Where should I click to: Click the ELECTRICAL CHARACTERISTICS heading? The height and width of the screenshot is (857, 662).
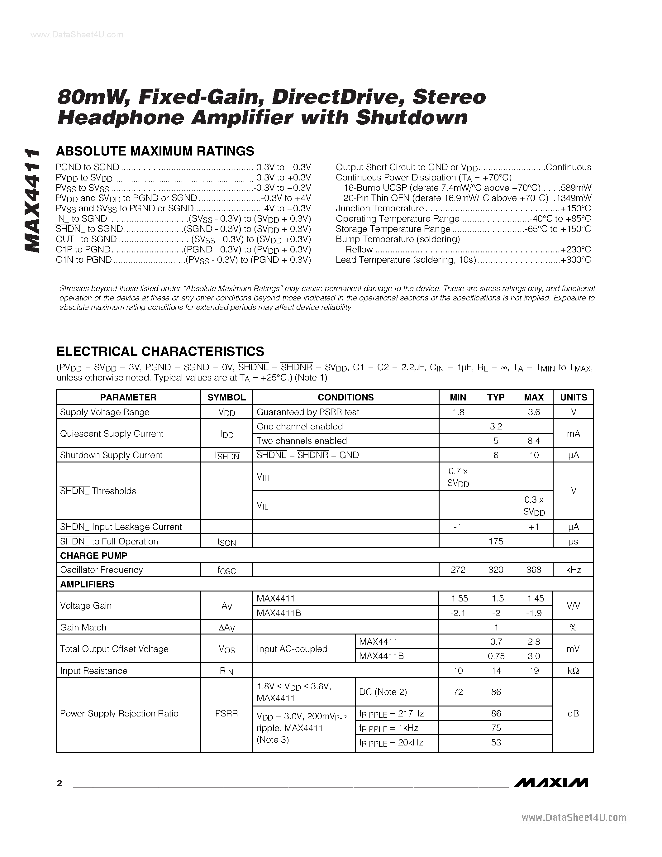point(160,351)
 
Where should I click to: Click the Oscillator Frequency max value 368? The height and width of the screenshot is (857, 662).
point(533,570)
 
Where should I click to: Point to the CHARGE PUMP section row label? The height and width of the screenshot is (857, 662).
point(93,555)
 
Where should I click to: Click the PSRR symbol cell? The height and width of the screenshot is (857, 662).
point(226,713)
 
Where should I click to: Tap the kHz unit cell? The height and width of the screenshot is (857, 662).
point(573,570)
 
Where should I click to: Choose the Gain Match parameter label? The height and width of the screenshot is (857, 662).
point(83,627)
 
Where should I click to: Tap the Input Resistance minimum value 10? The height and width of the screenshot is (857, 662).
point(458,671)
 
